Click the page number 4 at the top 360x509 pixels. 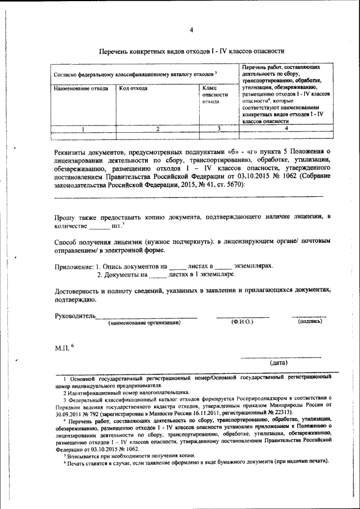coord(191,30)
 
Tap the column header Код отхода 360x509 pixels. coord(133,89)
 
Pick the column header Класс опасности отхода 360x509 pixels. coord(214,95)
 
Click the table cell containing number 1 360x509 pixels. coord(83,129)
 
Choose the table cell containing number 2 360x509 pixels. coord(158,129)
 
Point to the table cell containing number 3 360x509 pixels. coord(217,129)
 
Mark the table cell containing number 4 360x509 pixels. coord(286,129)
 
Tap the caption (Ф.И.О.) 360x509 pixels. coord(242,322)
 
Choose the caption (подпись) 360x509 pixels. coord(309,321)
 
